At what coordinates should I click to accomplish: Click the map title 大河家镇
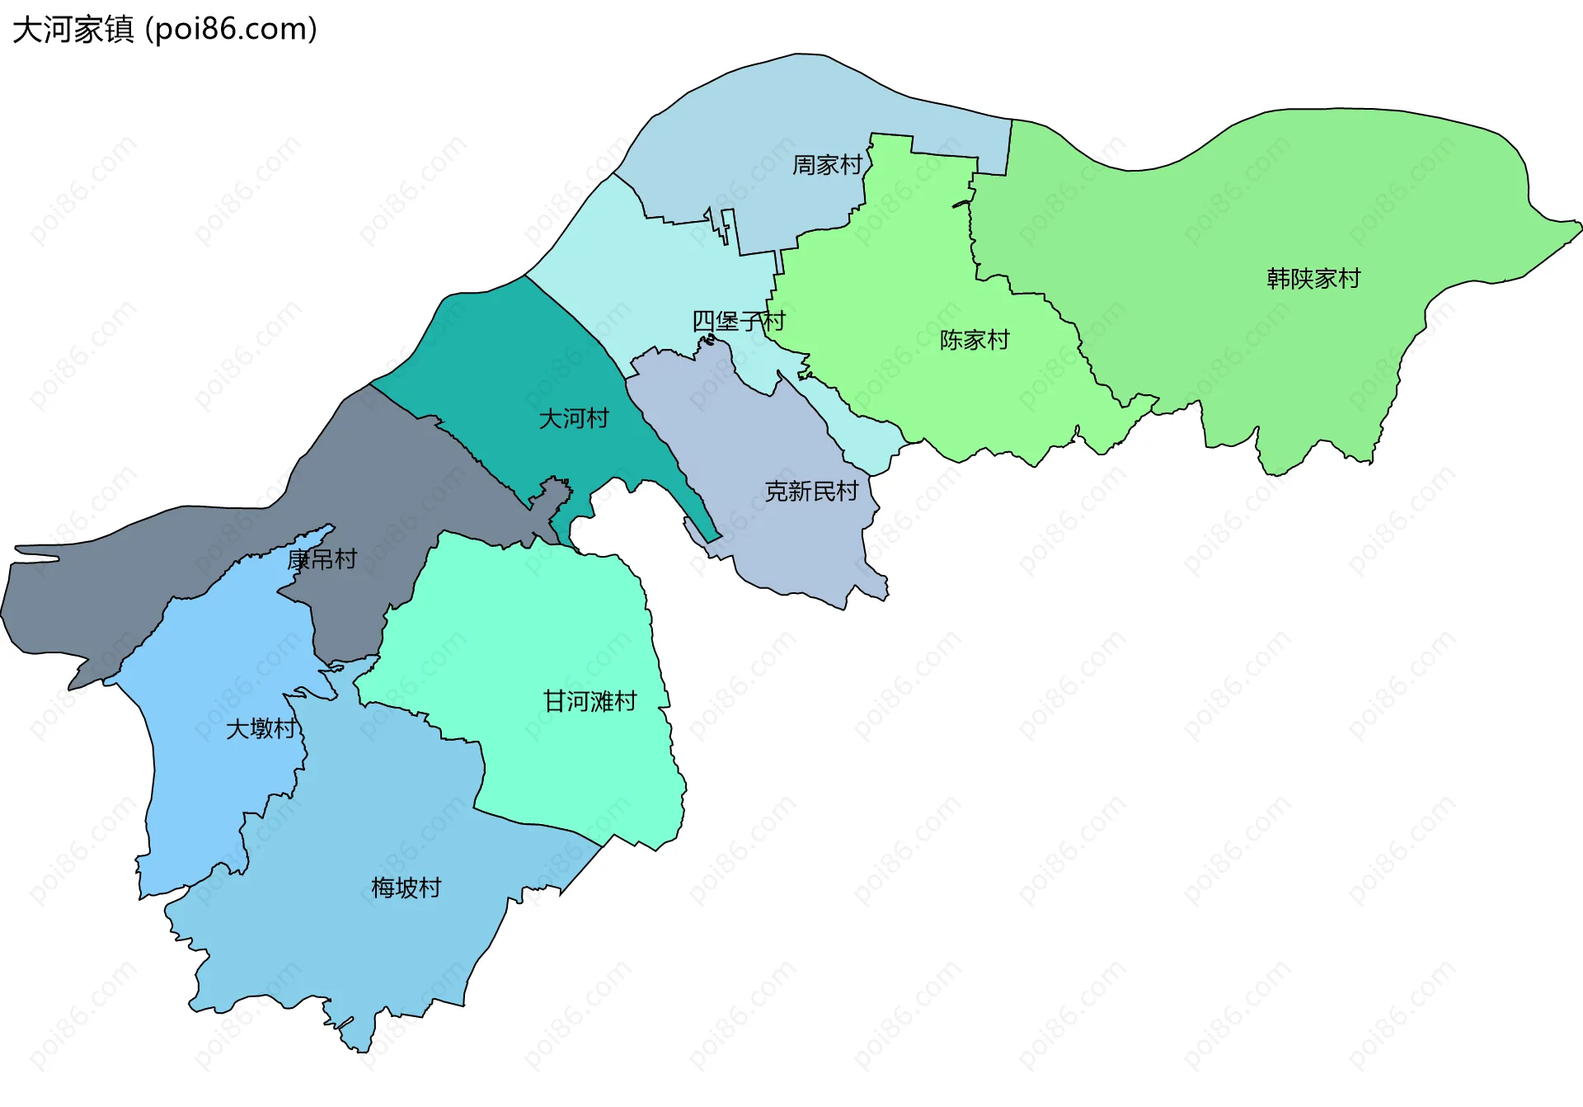pos(73,30)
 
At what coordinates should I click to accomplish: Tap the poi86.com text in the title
pos(231,30)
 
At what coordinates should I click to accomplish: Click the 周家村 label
pos(827,165)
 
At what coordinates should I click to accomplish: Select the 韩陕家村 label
pos(1313,279)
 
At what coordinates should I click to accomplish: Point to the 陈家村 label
pos(975,340)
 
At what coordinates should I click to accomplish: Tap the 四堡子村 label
pos(739,321)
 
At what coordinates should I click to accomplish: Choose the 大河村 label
pos(574,418)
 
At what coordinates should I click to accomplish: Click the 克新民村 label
pos(811,492)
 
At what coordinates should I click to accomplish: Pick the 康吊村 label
pos(322,559)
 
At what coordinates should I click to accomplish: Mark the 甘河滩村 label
pos(590,701)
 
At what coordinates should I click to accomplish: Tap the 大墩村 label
pos(261,728)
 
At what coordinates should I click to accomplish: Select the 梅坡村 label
pos(406,888)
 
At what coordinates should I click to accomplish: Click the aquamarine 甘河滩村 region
pos(536,627)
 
